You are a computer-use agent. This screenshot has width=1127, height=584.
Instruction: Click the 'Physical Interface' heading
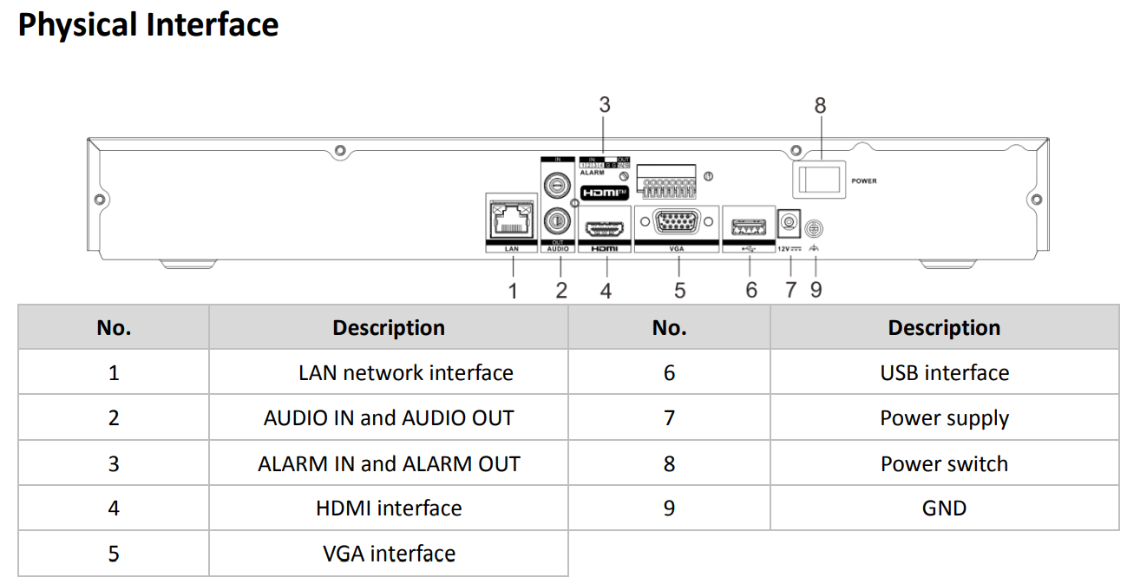pyautogui.click(x=148, y=24)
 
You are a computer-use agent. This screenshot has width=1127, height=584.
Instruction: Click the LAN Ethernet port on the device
pyautogui.click(x=511, y=221)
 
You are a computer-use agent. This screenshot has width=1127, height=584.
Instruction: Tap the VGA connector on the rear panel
pyautogui.click(x=677, y=222)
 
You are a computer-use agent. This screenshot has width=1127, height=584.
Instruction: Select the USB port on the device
pyautogui.click(x=749, y=227)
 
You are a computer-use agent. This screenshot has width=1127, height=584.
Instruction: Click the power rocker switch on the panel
pyautogui.click(x=816, y=180)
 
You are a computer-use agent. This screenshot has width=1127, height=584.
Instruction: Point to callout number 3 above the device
pyautogui.click(x=605, y=105)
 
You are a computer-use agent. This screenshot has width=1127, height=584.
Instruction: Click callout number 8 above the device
pyautogui.click(x=820, y=106)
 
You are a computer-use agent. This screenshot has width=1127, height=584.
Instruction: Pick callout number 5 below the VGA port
pyautogui.click(x=679, y=290)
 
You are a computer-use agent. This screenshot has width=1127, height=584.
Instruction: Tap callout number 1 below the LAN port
pyautogui.click(x=513, y=290)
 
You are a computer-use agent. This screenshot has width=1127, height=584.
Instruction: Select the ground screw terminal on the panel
pyautogui.click(x=814, y=228)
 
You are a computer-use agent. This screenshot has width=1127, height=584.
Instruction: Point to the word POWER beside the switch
pyautogui.click(x=864, y=181)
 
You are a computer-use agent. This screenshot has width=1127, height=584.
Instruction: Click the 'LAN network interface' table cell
pyautogui.click(x=405, y=373)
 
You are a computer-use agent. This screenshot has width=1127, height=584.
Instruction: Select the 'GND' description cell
pyautogui.click(x=944, y=508)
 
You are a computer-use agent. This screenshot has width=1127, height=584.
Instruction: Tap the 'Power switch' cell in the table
pyautogui.click(x=944, y=463)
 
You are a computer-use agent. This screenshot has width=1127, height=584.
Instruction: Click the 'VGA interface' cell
pyautogui.click(x=389, y=554)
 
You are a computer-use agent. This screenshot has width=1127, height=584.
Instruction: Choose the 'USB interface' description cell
pyautogui.click(x=944, y=373)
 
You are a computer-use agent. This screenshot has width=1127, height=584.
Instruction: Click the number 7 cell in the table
pyautogui.click(x=669, y=418)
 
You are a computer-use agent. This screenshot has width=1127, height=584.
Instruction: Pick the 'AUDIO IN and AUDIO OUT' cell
pyautogui.click(x=389, y=418)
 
